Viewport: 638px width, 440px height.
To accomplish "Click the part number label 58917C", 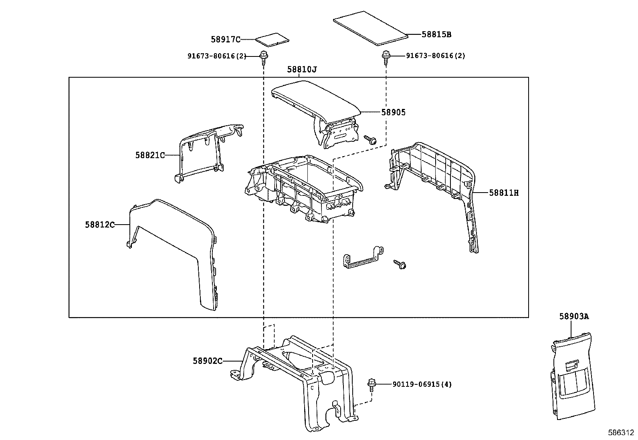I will pyautogui.click(x=226, y=39).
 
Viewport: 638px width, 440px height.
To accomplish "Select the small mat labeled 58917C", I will pyautogui.click(x=273, y=39).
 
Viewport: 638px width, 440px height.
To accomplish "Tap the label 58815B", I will pyautogui.click(x=436, y=34).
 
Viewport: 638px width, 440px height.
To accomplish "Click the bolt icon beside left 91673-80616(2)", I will pyautogui.click(x=263, y=57).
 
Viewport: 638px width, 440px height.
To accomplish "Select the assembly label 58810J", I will pyautogui.click(x=302, y=70).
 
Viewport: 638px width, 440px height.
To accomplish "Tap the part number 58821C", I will pyautogui.click(x=150, y=155).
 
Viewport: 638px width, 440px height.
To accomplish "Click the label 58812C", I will pyautogui.click(x=100, y=225).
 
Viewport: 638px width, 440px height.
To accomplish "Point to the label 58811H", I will pyautogui.click(x=504, y=193).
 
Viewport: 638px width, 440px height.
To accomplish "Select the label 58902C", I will pyautogui.click(x=207, y=361).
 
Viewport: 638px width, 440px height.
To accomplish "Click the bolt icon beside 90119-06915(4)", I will pyautogui.click(x=371, y=385).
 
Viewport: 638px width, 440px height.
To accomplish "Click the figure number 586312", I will pyautogui.click(x=620, y=433).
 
